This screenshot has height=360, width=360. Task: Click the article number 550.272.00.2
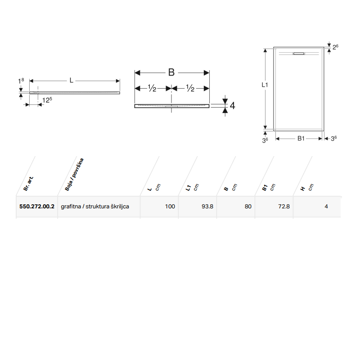coord(37,207)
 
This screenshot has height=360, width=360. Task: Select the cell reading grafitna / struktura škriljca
coord(95,207)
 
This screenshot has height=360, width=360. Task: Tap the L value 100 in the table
coord(170,207)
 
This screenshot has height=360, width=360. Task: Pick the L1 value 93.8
coord(207,207)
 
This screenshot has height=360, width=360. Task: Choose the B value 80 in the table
coord(248,207)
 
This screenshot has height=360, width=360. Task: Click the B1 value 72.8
coord(284,207)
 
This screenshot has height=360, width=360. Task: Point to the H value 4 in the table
coord(326,207)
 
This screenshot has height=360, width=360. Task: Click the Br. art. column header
coord(28,184)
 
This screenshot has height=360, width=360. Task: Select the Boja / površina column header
coord(74,175)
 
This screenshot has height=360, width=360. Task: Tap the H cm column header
coord(307,188)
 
